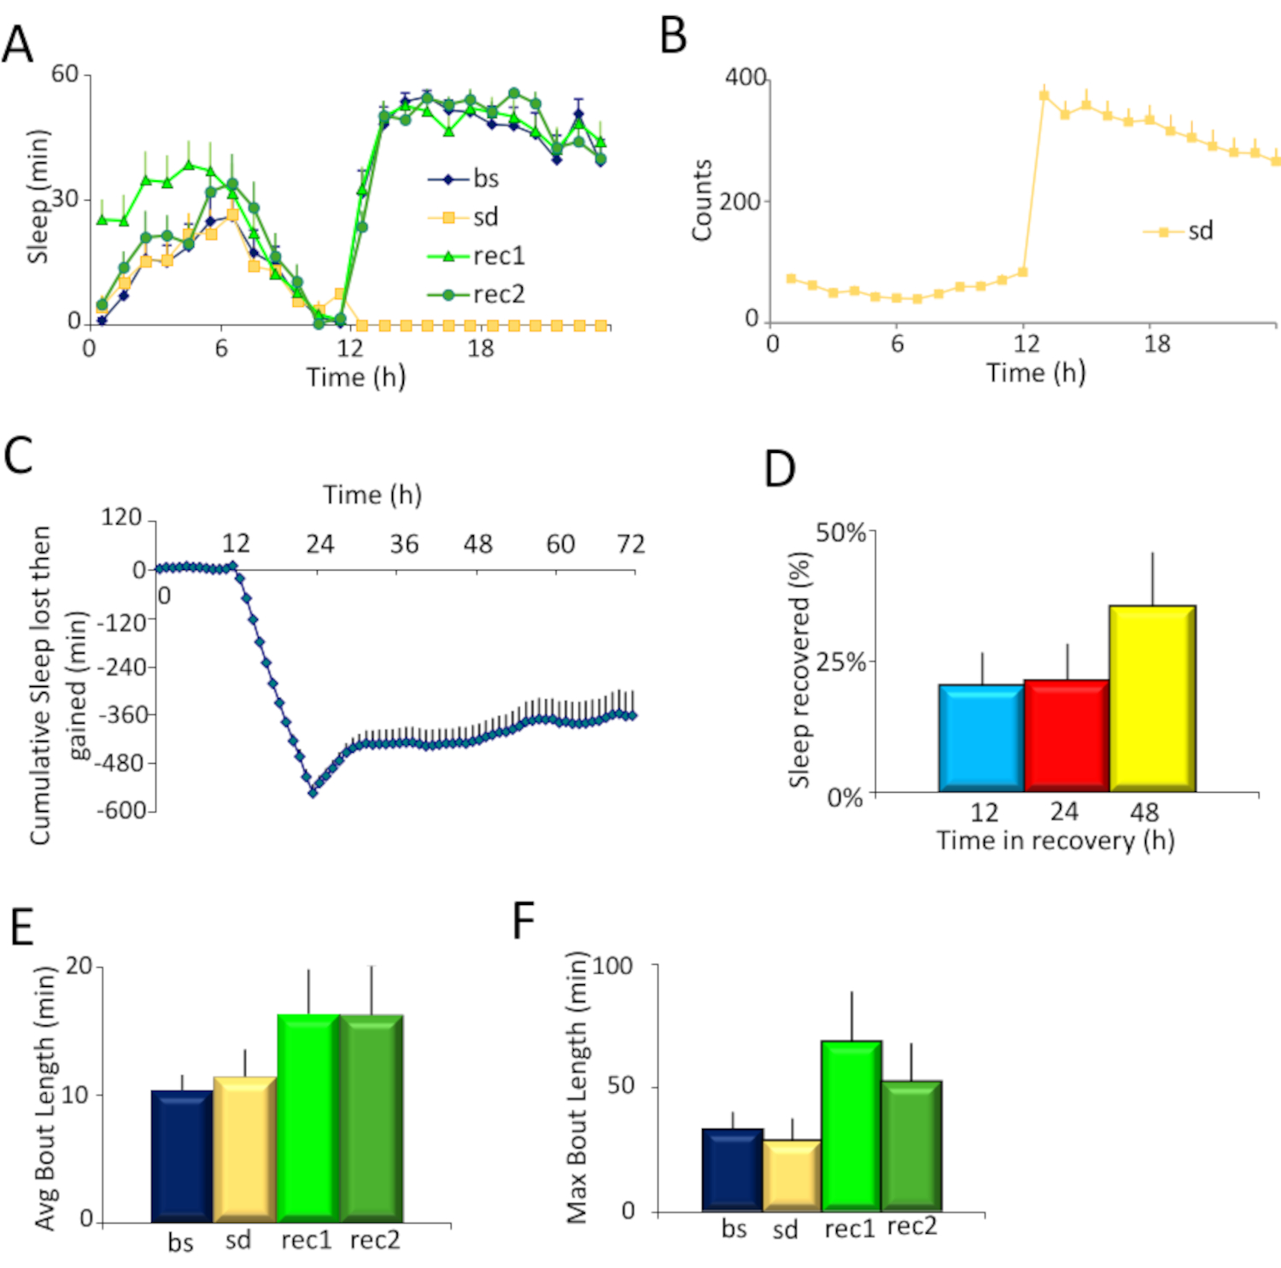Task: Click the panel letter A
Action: click(18, 44)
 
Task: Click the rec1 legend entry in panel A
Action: click(498, 255)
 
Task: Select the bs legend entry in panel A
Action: click(485, 179)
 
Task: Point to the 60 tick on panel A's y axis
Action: click(65, 74)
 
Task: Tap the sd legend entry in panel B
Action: click(1199, 231)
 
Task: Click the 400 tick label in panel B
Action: click(745, 78)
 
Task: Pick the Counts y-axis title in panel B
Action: click(702, 200)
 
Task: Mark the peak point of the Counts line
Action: click(1044, 96)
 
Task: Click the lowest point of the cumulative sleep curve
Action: click(313, 792)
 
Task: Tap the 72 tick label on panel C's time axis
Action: click(630, 544)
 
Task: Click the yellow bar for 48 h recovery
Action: click(1152, 698)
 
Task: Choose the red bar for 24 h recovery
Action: click(1066, 735)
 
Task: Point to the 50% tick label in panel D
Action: click(840, 532)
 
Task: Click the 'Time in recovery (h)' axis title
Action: click(1055, 841)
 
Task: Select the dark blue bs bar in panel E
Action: click(182, 1155)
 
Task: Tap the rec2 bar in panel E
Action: click(371, 1118)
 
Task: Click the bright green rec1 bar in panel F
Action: click(851, 1125)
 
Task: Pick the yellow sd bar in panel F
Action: click(792, 1175)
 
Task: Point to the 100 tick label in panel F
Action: click(612, 966)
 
